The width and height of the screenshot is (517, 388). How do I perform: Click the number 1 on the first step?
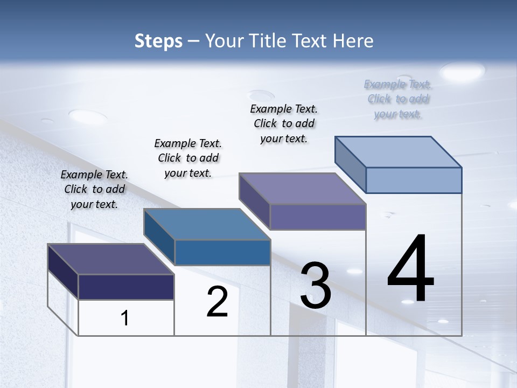tap(125, 318)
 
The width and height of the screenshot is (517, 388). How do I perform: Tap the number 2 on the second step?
tap(217, 301)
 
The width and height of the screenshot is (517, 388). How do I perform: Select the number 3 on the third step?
tap(316, 286)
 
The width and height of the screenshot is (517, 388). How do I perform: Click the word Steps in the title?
tap(158, 41)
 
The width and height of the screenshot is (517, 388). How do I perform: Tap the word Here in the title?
tap(352, 41)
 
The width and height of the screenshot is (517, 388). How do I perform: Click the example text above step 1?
tap(94, 189)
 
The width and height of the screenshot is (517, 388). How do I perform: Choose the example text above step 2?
tap(188, 158)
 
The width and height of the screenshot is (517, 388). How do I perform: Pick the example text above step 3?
tap(284, 123)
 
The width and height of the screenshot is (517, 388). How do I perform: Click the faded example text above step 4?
tap(398, 99)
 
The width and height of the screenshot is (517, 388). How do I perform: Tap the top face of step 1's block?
tap(111, 259)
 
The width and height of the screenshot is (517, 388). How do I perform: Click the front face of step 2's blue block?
tap(222, 253)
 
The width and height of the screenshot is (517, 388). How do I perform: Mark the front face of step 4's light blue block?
tap(414, 180)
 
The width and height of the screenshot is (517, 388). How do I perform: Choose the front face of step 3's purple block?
tap(318, 217)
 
